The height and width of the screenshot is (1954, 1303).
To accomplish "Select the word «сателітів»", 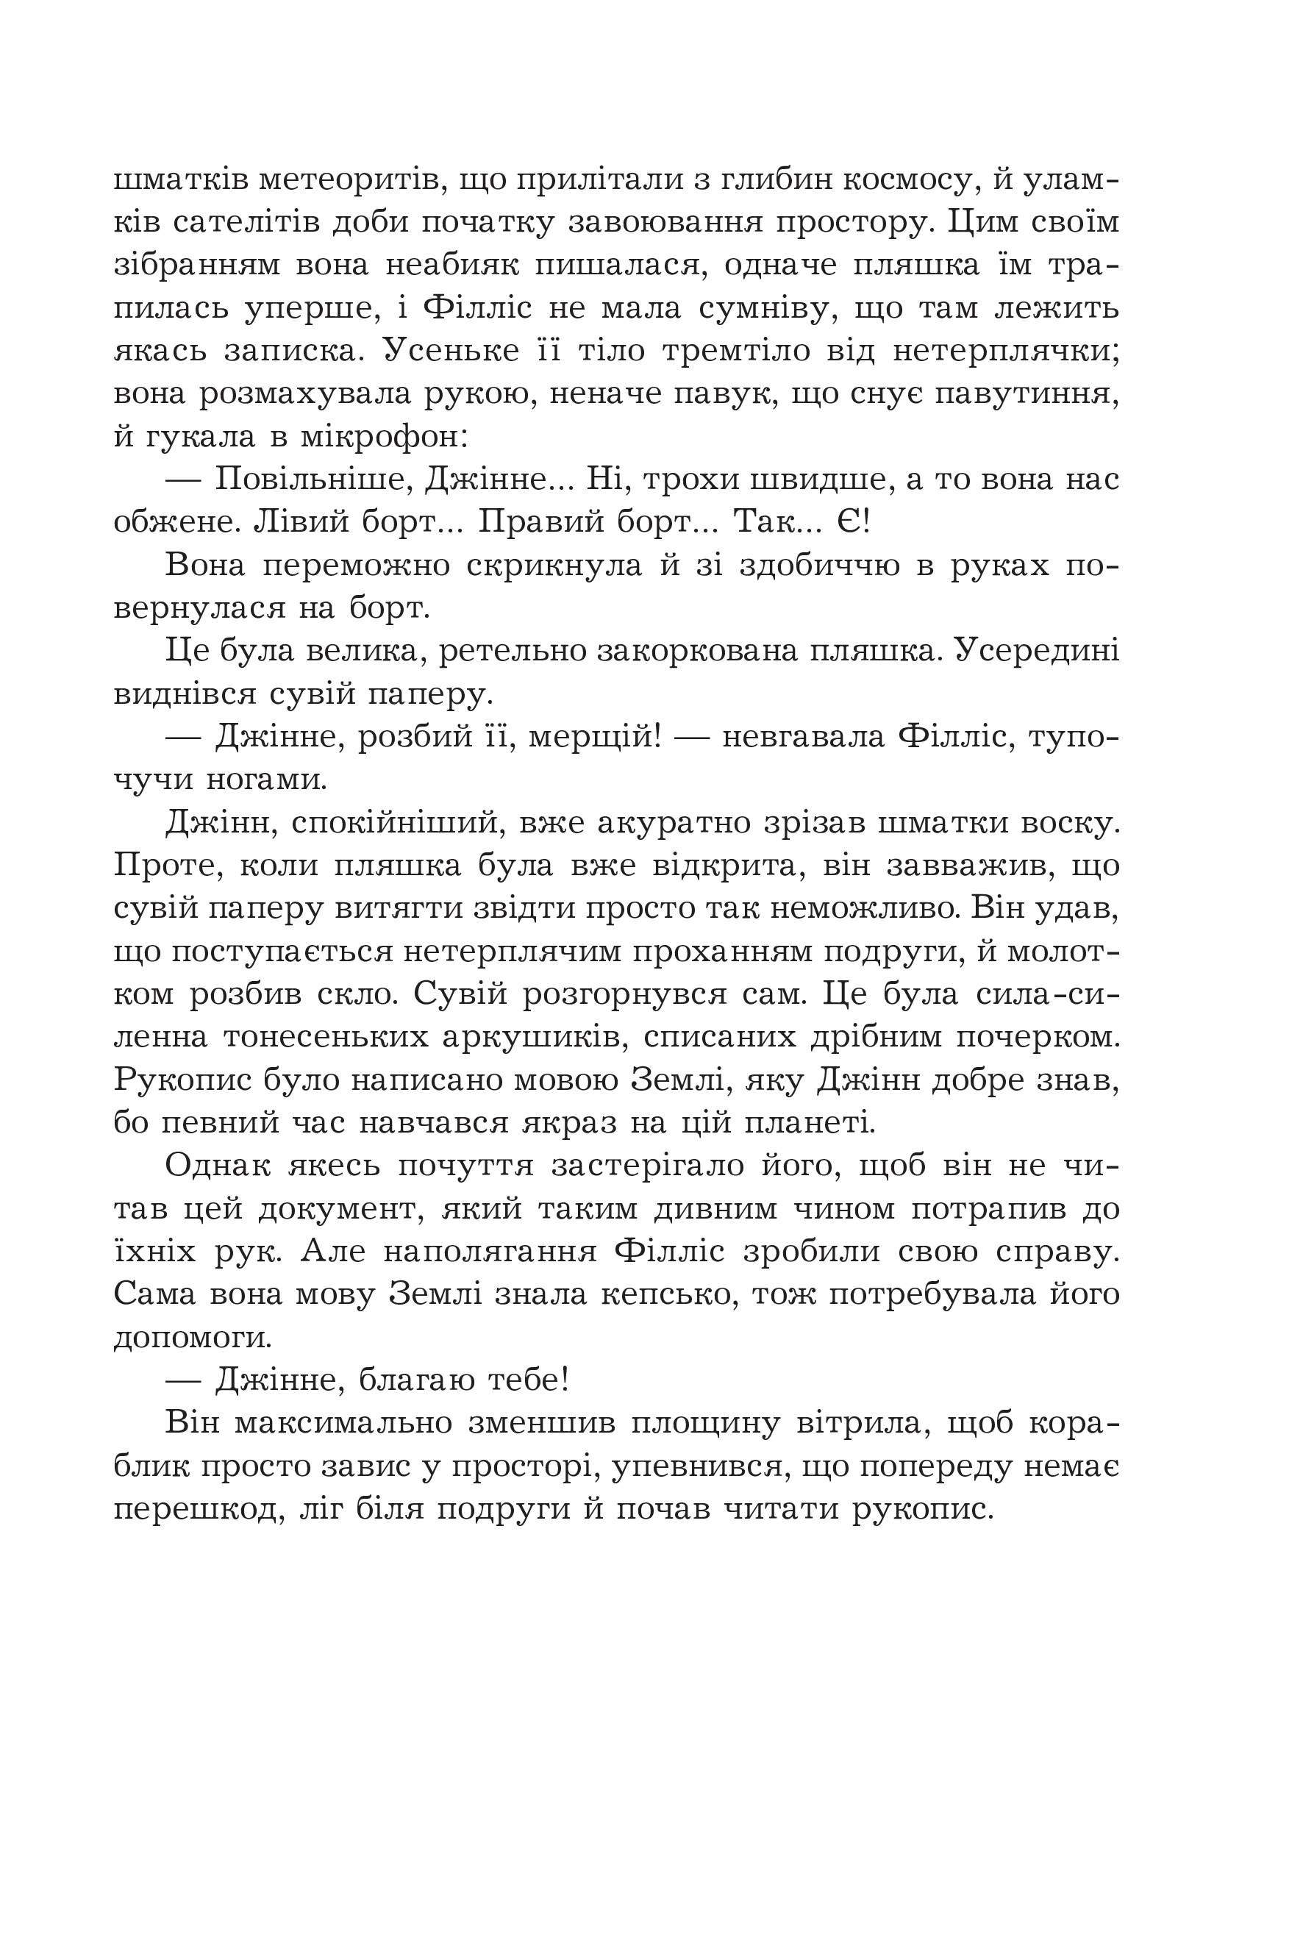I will click(x=243, y=223).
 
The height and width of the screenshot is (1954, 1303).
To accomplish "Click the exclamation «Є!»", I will click(x=852, y=523).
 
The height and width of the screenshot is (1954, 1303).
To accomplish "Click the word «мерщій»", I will click(x=595, y=737).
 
